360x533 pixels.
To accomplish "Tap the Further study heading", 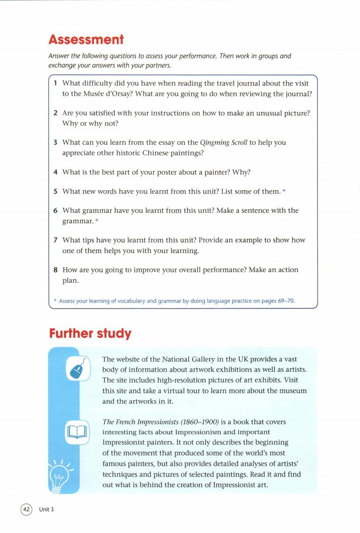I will click(90, 333).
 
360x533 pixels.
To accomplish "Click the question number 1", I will click(55, 83).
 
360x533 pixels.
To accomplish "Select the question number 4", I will click(55, 172).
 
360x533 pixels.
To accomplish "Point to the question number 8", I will click(55, 270).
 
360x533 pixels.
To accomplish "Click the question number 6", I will click(55, 210).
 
